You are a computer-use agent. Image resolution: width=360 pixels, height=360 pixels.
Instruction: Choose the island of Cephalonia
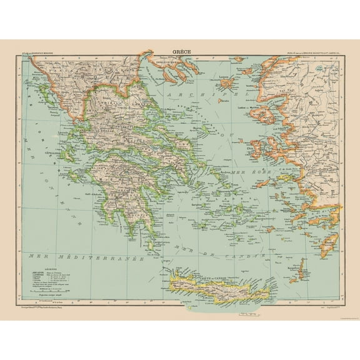[x=67, y=154]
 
